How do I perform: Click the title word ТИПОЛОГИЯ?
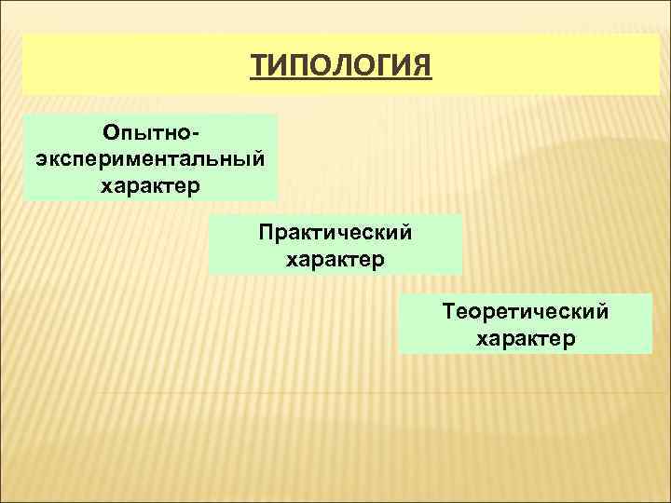tap(341, 66)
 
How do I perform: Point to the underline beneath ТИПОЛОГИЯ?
tap(341, 81)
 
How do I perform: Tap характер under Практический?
tap(335, 257)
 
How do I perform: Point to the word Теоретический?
tap(526, 310)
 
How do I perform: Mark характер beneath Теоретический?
tap(526, 338)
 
